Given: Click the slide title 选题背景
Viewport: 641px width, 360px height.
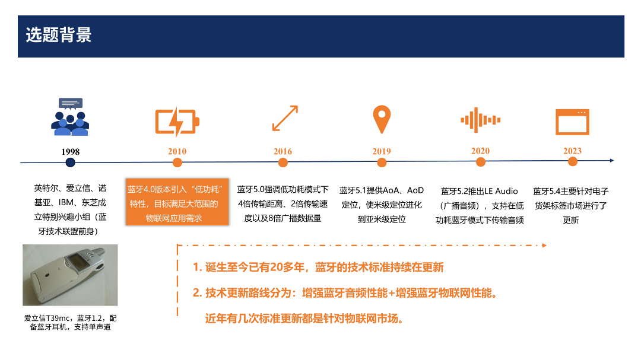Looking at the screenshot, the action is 58,35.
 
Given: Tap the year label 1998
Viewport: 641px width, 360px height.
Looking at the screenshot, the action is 70,152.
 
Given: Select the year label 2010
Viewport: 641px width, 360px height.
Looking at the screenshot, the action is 177,151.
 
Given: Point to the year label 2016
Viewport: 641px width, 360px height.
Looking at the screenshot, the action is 283,151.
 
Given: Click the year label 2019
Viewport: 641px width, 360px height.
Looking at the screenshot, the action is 382,151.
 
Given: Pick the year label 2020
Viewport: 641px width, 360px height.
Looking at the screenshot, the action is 480,151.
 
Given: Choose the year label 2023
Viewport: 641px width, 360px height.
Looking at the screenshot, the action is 572,151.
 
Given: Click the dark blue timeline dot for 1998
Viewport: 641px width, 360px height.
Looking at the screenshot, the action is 70,163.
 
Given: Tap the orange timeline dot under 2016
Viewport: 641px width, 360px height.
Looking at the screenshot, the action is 283,163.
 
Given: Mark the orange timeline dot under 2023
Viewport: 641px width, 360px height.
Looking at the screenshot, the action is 572,162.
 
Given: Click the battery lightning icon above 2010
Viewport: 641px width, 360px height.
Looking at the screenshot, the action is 177,122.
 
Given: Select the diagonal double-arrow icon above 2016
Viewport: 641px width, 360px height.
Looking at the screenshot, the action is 285,119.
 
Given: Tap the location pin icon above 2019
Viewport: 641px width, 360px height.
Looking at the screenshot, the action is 382,119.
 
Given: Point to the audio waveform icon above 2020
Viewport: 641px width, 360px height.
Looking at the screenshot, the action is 480,120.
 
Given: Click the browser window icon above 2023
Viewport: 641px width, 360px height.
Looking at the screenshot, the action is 572,122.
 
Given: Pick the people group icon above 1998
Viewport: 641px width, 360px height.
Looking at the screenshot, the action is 70,117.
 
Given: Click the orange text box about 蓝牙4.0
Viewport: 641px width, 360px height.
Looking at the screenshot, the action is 177,202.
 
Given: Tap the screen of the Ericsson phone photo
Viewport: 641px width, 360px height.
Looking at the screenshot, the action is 77,261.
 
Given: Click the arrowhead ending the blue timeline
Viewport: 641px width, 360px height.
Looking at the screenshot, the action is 611,161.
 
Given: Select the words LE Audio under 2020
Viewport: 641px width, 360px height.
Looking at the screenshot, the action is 501,191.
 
